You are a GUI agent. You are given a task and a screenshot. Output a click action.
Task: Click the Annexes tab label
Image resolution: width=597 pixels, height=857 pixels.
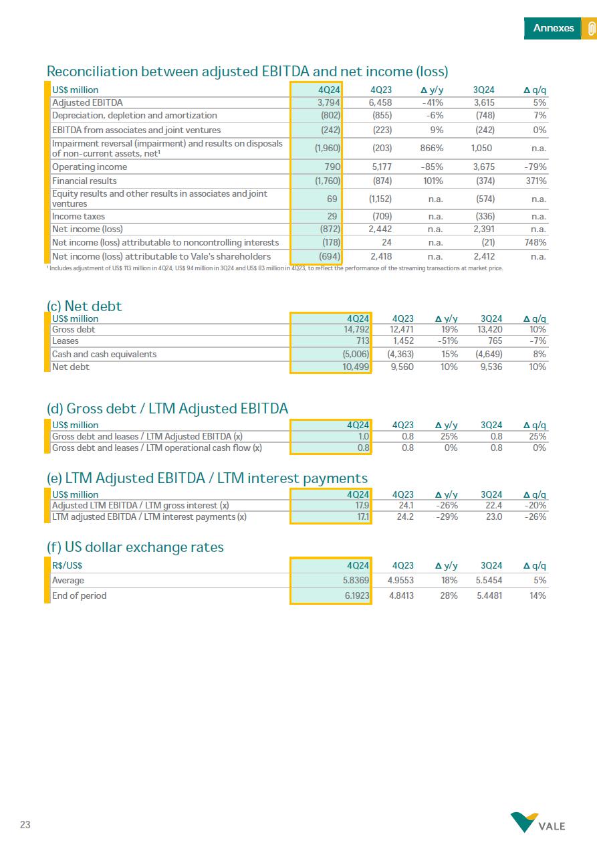coord(553,28)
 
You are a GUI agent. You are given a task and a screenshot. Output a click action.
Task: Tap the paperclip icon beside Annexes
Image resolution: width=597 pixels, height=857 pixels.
coord(590,29)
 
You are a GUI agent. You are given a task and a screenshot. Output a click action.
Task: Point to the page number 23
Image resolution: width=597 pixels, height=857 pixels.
coord(25,825)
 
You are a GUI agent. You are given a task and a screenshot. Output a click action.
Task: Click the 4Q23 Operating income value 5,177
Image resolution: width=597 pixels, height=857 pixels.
coord(380,167)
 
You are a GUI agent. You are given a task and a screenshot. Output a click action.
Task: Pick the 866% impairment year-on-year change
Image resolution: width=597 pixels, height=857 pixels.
coord(432,149)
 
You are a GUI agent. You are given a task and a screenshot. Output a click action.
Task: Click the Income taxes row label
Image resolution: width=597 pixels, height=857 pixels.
coord(78,217)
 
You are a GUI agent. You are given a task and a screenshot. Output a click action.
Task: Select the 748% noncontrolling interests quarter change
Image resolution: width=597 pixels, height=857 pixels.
coord(535,243)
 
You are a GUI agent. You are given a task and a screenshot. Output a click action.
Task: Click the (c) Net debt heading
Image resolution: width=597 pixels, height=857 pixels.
coord(84,306)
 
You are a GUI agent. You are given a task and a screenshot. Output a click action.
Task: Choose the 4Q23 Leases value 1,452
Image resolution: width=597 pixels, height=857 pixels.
coord(402,341)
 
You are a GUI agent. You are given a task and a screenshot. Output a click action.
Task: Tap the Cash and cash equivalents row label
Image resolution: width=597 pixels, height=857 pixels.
coord(104,355)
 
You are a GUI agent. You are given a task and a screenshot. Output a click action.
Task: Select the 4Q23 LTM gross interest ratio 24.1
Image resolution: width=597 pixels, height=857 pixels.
coord(406,506)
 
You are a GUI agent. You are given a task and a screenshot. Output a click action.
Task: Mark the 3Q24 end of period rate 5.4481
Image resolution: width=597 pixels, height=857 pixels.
coord(489,596)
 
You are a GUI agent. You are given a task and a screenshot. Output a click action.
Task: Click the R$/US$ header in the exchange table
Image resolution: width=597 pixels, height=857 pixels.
coord(67,565)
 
